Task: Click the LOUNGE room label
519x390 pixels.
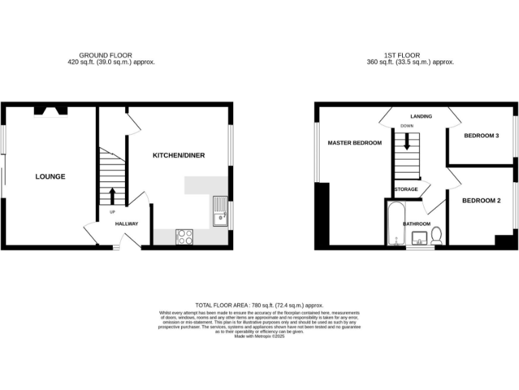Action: pos(51,177)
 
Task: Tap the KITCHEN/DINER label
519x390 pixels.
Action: pos(178,156)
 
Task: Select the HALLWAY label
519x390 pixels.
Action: pos(126,224)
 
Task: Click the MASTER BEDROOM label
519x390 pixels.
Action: pos(355,143)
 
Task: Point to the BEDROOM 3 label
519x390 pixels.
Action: pos(481,136)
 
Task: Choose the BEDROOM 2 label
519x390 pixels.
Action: pos(481,200)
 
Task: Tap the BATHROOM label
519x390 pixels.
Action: pos(416,223)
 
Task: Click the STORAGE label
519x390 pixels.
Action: pos(406,189)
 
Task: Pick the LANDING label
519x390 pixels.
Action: pos(421,116)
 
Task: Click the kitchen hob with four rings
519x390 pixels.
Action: pos(184,236)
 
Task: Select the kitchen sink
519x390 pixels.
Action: pos(220,211)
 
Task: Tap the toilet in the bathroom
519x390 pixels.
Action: pos(436,235)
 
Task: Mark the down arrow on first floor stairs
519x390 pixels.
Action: pos(406,141)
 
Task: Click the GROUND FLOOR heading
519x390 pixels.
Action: pos(105,56)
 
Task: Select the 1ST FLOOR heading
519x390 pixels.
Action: pos(405,56)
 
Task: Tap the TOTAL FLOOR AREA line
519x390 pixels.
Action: pos(259,306)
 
